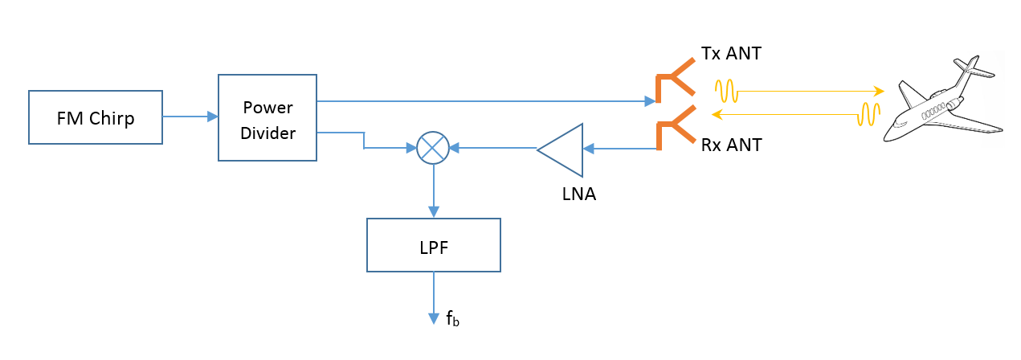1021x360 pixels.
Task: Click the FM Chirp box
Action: [x=96, y=117]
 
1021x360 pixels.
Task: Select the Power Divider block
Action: [x=268, y=117]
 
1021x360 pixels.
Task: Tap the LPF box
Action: [x=434, y=245]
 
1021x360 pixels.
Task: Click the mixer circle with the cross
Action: [x=434, y=148]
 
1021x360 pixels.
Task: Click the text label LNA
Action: [x=578, y=194]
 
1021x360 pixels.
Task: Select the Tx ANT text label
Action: [x=731, y=54]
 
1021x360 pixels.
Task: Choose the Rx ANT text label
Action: [x=731, y=145]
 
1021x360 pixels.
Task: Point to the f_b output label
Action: [x=452, y=318]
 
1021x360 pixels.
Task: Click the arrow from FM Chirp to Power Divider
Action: [x=190, y=117]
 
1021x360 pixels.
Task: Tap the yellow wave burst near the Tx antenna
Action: [x=726, y=91]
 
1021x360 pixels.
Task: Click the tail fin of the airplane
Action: [x=968, y=64]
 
